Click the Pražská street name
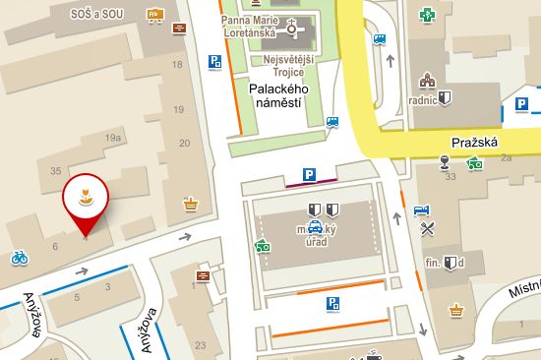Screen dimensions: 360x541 click(475, 142)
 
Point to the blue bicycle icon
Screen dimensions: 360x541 click(18, 258)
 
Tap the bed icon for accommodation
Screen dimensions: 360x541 click(422, 210)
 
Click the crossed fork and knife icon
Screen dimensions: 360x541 click(427, 229)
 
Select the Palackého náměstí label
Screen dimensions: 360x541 click(278, 96)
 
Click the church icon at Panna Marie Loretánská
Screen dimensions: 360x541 click(291, 30)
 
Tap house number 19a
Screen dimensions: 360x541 click(113, 138)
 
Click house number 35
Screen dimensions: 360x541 click(55, 170)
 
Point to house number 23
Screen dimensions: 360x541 click(200, 344)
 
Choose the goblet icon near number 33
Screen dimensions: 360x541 click(445, 161)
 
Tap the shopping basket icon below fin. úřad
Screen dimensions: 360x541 click(455, 310)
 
